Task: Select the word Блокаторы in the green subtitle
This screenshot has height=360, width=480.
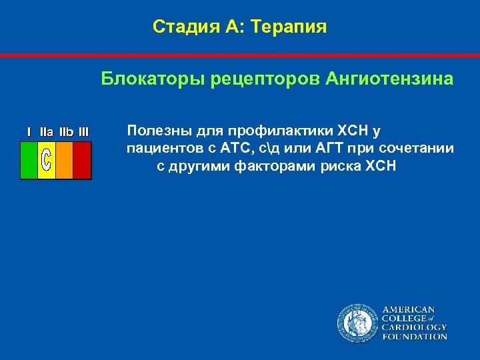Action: pyautogui.click(x=153, y=79)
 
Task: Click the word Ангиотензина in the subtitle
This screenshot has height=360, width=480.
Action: pyautogui.click(x=389, y=79)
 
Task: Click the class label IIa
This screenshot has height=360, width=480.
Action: pyautogui.click(x=47, y=132)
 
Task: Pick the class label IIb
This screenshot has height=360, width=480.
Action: pyautogui.click(x=66, y=132)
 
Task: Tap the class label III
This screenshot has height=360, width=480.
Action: pyautogui.click(x=83, y=132)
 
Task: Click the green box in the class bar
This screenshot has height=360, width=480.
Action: pyautogui.click(x=29, y=159)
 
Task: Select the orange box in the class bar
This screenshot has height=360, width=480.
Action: pyautogui.click(x=64, y=159)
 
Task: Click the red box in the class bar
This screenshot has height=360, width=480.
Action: pyautogui.click(x=81, y=159)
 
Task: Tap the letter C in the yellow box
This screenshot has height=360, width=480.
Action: pyautogui.click(x=46, y=160)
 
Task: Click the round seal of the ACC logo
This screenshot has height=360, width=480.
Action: pyautogui.click(x=357, y=323)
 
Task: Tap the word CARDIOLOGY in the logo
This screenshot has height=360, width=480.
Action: pyautogui.click(x=414, y=327)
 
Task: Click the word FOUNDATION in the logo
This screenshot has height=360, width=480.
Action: pyautogui.click(x=414, y=337)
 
